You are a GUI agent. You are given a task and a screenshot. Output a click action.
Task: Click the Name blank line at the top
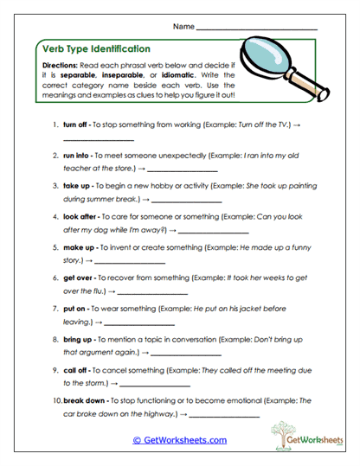257,29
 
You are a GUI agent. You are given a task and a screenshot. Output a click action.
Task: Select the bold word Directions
61,66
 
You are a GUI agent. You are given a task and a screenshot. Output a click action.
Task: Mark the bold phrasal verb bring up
79,338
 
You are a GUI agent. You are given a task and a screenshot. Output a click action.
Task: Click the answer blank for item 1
99,140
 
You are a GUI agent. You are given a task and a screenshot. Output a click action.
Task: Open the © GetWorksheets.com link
179,439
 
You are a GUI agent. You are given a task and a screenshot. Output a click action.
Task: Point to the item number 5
55,246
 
